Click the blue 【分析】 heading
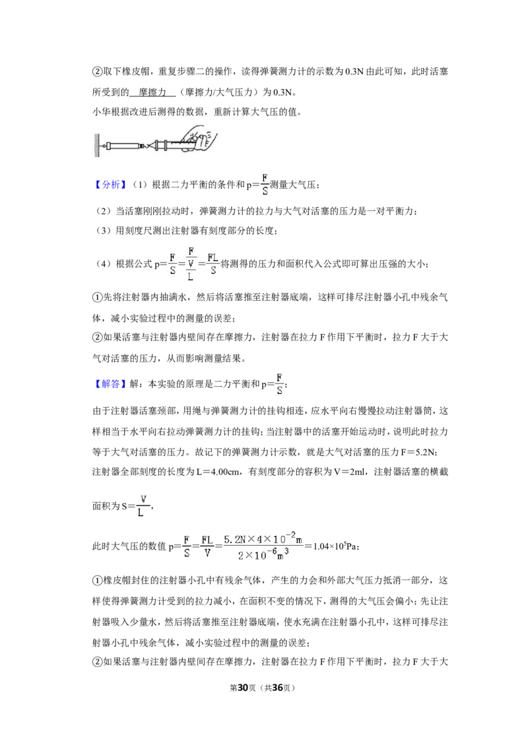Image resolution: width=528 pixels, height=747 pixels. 109,185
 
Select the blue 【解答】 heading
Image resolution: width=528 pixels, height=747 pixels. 109,384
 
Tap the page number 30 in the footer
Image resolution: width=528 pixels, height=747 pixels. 243,688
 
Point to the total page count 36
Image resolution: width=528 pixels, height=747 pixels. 277,688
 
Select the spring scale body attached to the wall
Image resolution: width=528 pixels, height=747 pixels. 121,145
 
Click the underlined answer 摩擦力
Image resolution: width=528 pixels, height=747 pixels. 152,92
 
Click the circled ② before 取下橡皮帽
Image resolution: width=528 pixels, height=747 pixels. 97,71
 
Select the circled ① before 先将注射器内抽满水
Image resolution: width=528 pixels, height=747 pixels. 97,297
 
